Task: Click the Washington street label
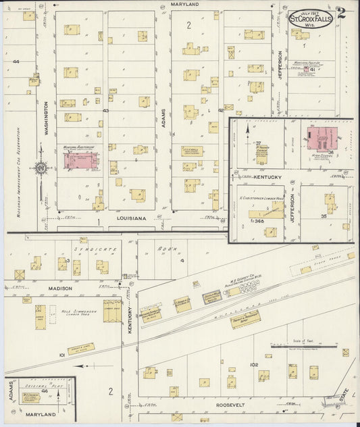[x=47, y=118]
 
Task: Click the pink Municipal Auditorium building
[x=80, y=161]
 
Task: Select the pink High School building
[x=322, y=139]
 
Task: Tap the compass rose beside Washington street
[x=41, y=168]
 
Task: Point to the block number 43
[x=105, y=110]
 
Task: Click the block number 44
[x=16, y=61]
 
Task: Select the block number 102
[x=254, y=365]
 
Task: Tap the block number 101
[x=62, y=353]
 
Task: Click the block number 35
[x=324, y=216]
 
